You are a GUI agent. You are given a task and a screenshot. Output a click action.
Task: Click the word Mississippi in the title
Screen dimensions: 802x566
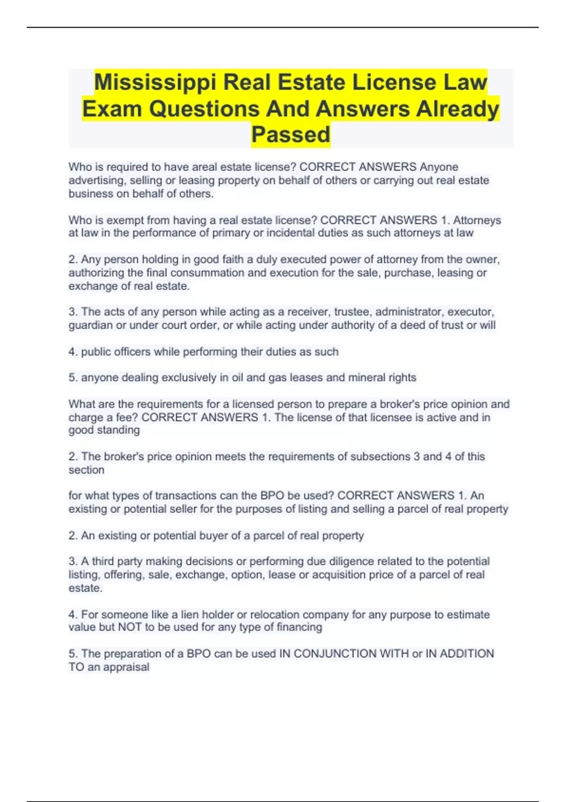(x=155, y=83)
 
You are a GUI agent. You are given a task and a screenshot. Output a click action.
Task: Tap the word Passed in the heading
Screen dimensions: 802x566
(x=291, y=135)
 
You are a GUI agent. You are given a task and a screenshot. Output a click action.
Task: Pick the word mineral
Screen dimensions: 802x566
(x=366, y=377)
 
